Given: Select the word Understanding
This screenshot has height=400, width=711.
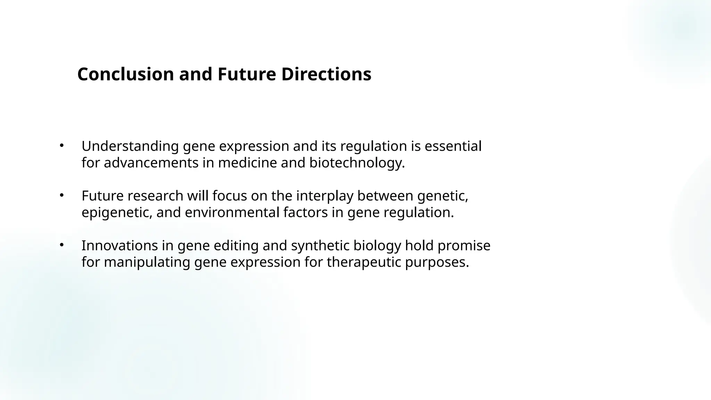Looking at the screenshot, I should click(x=130, y=147).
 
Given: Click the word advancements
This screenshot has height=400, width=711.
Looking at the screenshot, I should click(x=151, y=163).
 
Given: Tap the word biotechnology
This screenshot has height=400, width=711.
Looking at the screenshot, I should click(x=357, y=163).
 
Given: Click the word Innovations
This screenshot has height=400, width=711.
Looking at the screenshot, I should click(x=119, y=246).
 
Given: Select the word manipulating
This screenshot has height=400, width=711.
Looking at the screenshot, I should click(x=147, y=262).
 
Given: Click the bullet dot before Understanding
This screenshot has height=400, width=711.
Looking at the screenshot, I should click(x=61, y=145).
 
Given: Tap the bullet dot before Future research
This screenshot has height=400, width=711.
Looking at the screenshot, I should click(x=61, y=195).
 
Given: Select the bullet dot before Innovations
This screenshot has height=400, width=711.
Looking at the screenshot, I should click(x=61, y=245).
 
